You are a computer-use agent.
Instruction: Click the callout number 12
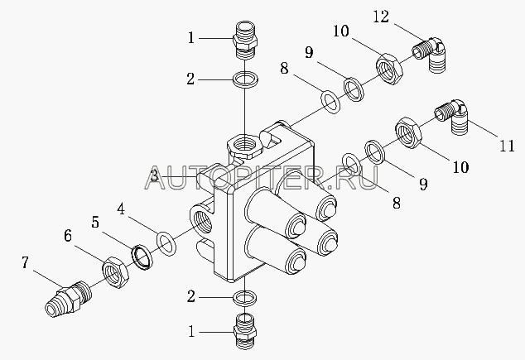pyautogui.click(x=381, y=17)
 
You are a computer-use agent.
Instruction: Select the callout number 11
pyautogui.click(x=507, y=146)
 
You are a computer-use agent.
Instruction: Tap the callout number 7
pyautogui.click(x=25, y=262)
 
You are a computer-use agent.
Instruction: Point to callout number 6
pyautogui.click(x=68, y=236)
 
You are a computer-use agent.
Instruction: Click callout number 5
pyautogui.click(x=95, y=222)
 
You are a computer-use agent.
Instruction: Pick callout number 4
pyautogui.click(x=121, y=209)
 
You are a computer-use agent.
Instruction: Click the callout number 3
pyautogui.click(x=154, y=175)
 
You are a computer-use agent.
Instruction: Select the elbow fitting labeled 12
pyautogui.click(x=428, y=54)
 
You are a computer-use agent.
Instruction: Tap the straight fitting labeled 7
pyautogui.click(x=69, y=298)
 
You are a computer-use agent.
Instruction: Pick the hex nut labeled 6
pyautogui.click(x=115, y=272)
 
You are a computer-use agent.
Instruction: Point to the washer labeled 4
pyautogui.click(x=166, y=244)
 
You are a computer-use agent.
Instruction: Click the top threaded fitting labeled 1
pyautogui.click(x=245, y=41)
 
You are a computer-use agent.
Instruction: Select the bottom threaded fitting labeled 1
pyautogui.click(x=245, y=331)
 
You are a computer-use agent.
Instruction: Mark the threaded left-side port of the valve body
pyautogui.click(x=201, y=221)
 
